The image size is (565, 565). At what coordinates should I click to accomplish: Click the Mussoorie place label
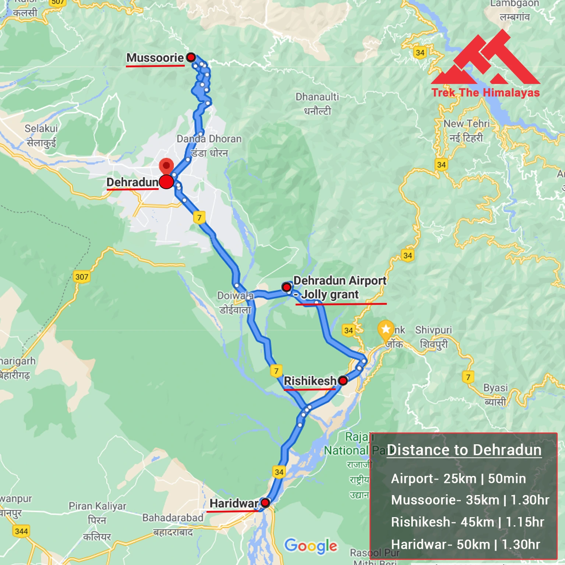155,58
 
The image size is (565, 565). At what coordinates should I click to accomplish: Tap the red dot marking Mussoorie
191,57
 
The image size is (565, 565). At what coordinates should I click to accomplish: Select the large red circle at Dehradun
166,182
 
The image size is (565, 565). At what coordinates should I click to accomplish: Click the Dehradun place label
132,182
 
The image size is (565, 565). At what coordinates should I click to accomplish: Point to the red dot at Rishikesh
343,381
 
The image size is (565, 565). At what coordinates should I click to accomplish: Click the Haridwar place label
234,503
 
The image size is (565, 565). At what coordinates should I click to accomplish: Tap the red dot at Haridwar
265,503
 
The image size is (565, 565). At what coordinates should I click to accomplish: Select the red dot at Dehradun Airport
286,287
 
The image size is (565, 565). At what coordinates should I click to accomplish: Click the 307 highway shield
82,277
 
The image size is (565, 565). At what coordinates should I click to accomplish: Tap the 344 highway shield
21,531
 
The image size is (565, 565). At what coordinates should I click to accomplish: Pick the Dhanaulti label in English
317,97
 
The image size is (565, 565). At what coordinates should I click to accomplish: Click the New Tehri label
466,124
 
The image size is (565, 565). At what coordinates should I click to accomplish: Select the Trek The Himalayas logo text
485,92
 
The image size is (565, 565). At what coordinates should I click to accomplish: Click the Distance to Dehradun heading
464,450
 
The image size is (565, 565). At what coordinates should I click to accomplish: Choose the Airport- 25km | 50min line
458,479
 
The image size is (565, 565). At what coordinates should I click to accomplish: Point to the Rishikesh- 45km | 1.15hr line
467,522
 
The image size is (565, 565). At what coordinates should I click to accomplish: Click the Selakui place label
41,128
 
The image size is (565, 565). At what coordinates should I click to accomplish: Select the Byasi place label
495,388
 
